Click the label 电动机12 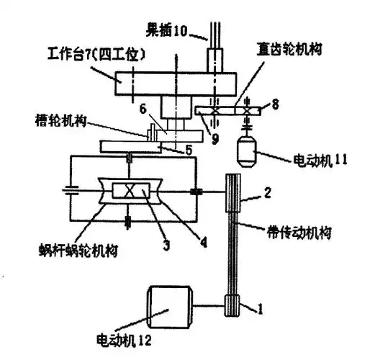point(124,339)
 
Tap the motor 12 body point(170,307)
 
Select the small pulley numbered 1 point(232,306)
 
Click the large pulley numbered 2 point(233,193)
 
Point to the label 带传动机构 point(299,233)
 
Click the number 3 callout point(166,244)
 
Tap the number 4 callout point(203,242)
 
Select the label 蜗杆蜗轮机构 point(78,251)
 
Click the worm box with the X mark point(131,191)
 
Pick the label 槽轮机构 point(60,120)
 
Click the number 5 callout point(189,150)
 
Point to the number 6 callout point(143,109)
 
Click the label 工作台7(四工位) point(96,55)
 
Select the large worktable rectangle point(176,84)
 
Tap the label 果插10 point(166,31)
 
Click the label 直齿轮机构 point(289,49)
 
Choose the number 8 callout point(275,104)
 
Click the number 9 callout point(215,139)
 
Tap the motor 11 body point(247,152)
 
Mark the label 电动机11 point(320,160)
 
